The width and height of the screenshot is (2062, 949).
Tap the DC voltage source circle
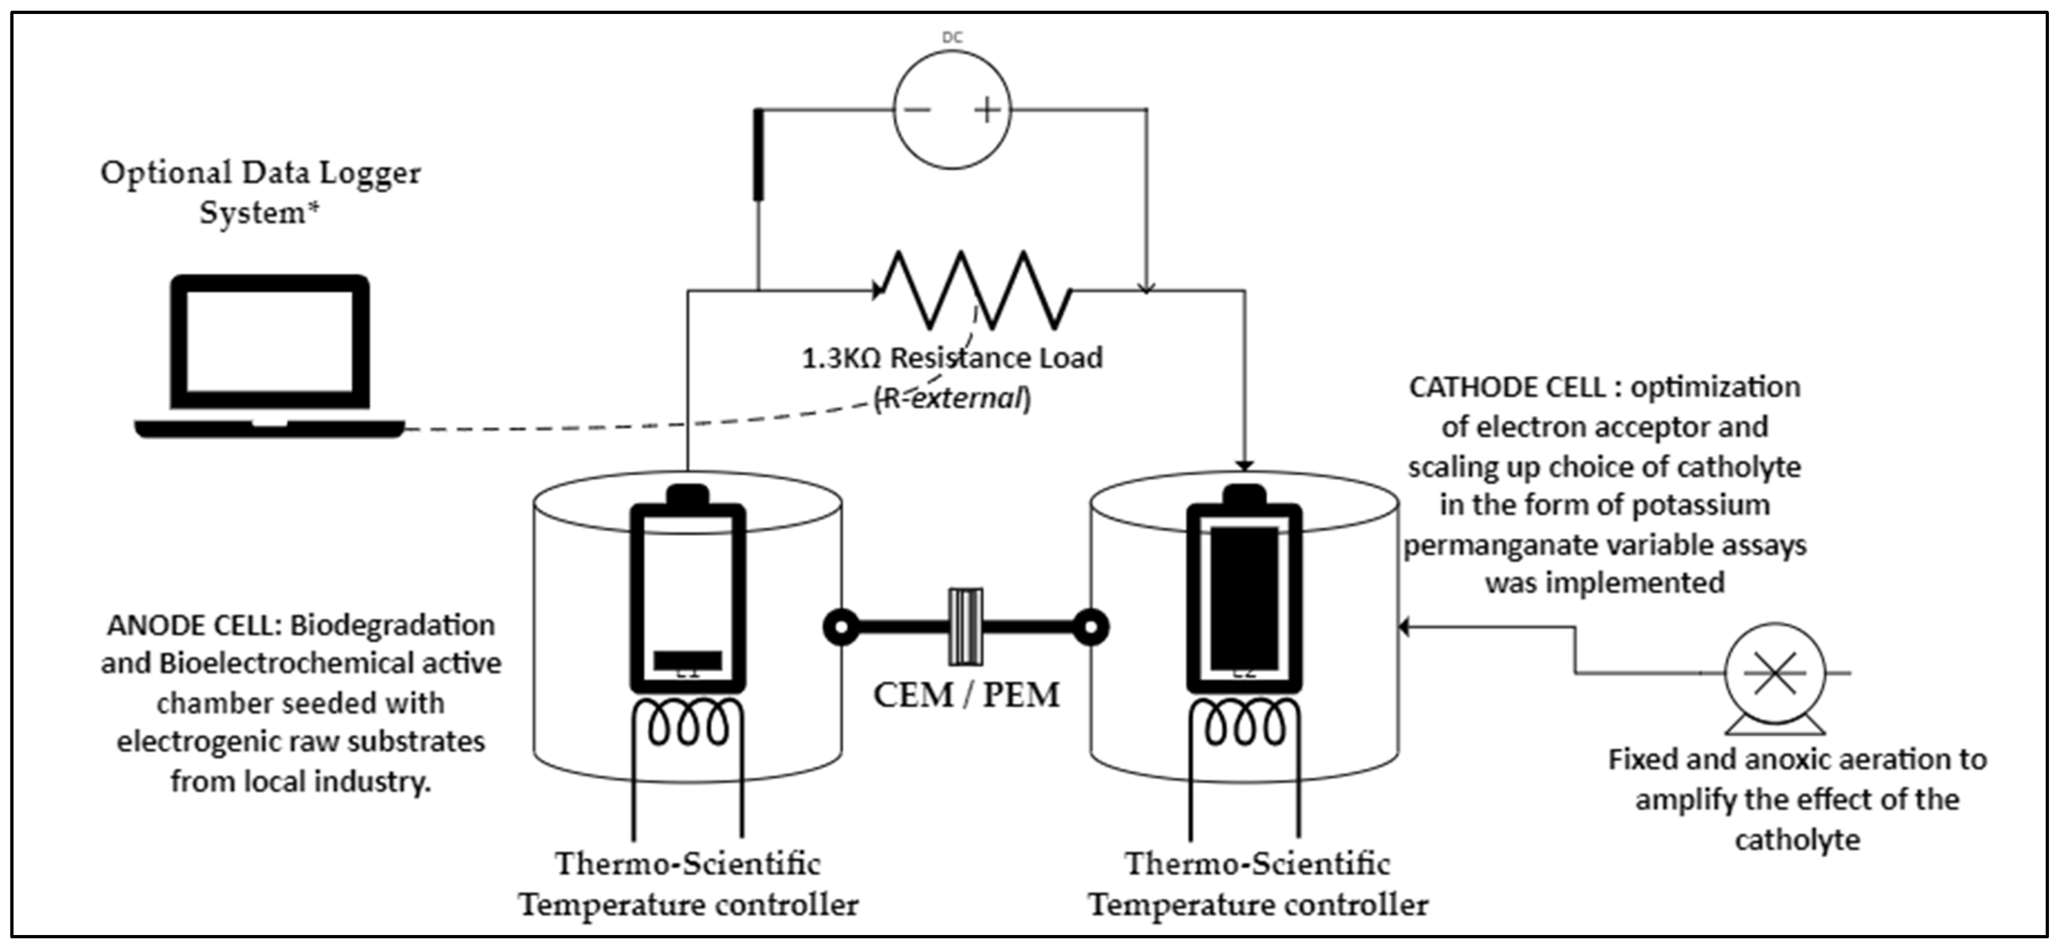952,110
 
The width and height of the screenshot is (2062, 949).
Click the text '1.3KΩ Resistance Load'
952,358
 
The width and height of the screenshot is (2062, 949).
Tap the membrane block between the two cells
966,626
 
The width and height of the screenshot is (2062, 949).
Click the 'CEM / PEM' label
966,695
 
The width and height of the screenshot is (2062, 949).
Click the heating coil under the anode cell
688,724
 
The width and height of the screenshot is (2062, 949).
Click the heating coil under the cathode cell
1244,724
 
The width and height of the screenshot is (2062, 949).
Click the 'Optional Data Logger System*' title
260,192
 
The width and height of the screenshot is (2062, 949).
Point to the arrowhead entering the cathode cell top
1244,464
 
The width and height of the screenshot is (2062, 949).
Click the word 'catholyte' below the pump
1797,840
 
